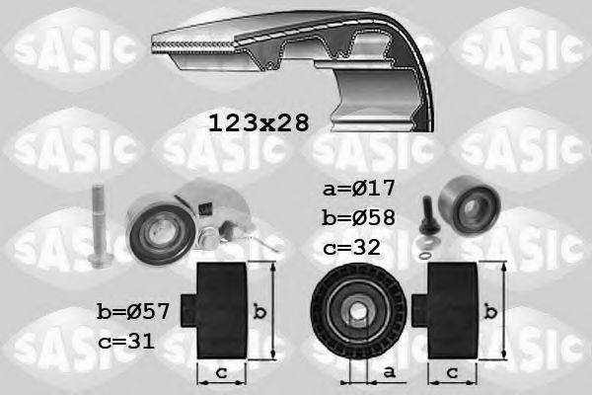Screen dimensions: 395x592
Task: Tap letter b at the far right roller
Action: click(491, 312)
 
